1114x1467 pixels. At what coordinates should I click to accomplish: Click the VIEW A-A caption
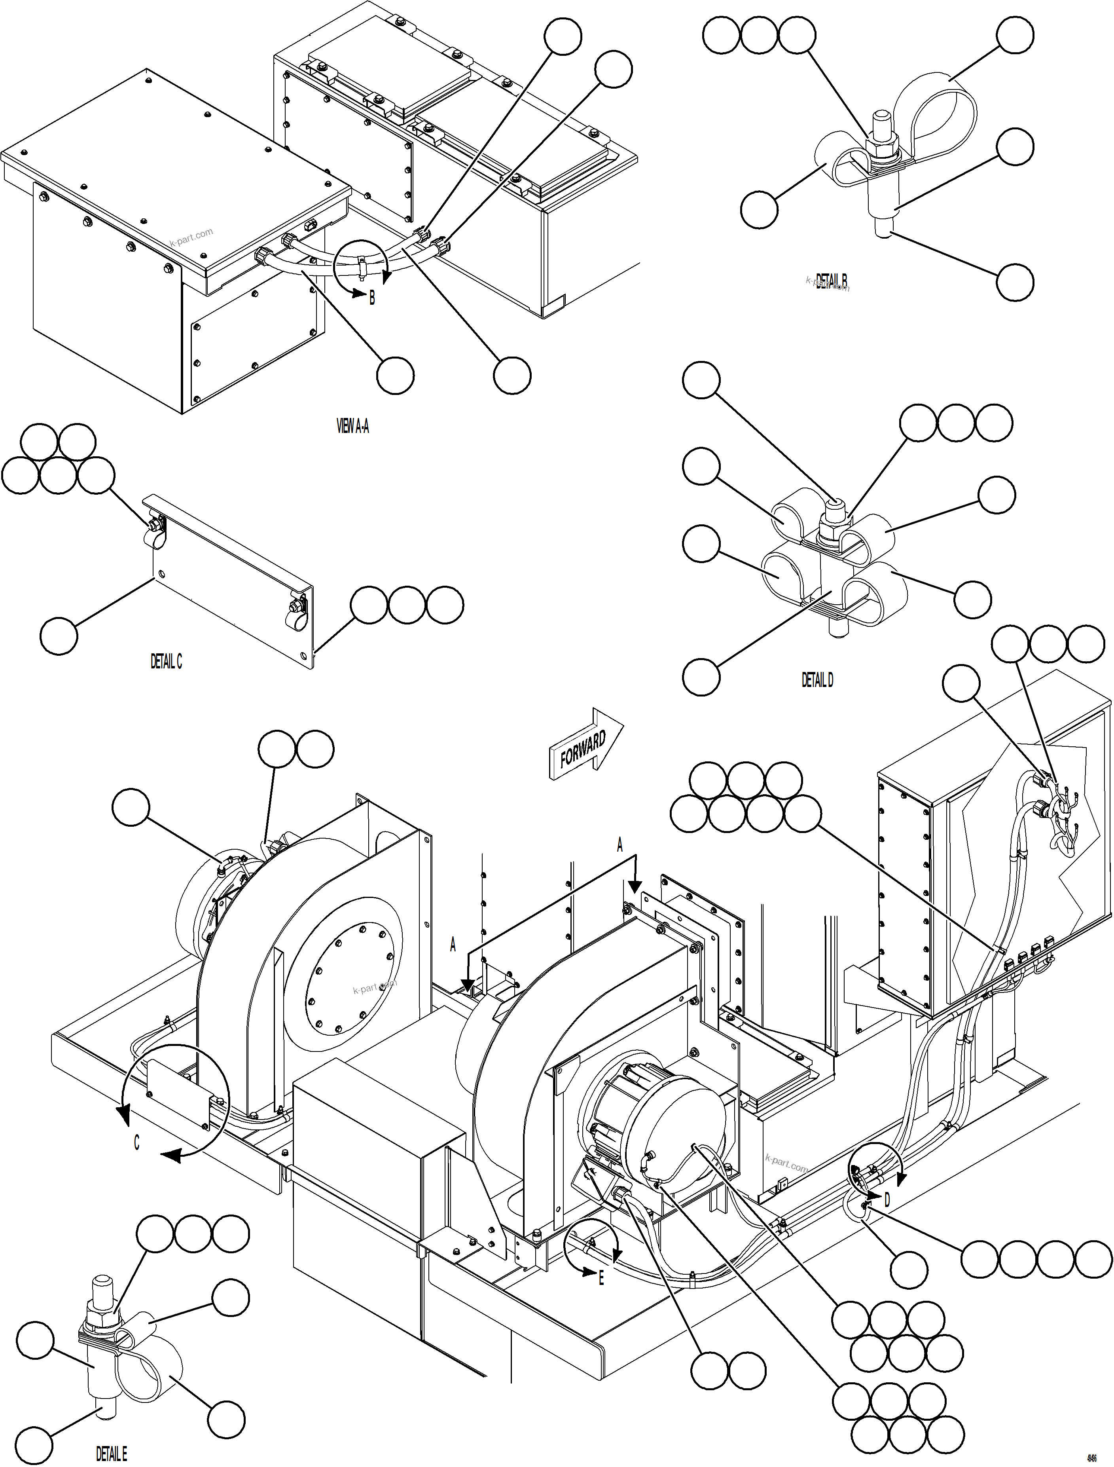click(353, 427)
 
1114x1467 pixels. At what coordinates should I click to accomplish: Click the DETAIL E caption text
click(112, 1454)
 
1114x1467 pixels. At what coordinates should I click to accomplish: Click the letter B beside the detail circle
click(372, 298)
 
